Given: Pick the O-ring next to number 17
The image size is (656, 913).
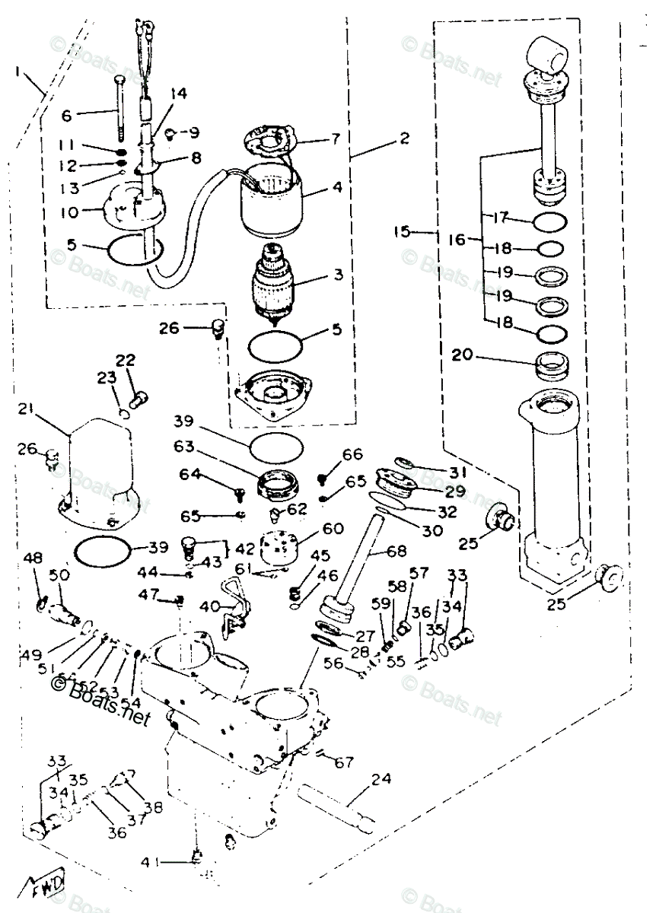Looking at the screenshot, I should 548,222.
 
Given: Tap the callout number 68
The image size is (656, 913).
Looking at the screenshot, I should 396,550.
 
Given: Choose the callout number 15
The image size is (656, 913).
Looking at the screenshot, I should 404,231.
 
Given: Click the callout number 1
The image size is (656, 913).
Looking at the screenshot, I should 18,72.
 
